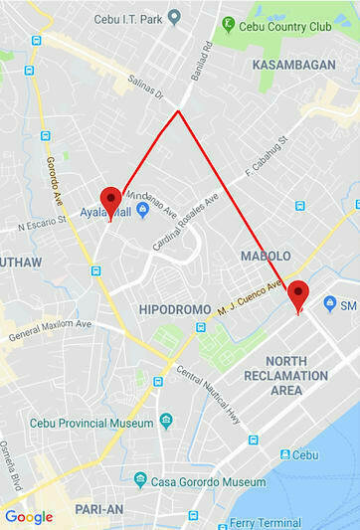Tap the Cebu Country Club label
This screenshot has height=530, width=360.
(290, 27)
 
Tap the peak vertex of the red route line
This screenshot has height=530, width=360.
(178, 111)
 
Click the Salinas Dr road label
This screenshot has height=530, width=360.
(145, 93)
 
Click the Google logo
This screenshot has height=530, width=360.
(28, 516)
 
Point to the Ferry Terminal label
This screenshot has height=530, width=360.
(265, 522)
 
